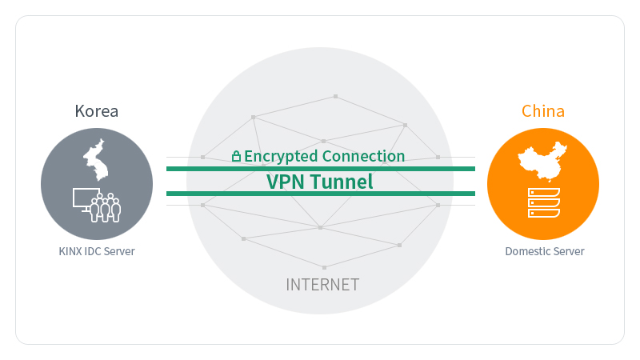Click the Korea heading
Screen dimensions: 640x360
[x=96, y=111]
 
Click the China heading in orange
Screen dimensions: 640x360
[x=543, y=111]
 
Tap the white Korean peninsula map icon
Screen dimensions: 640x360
[x=96, y=160]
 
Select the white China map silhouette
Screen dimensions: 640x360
[x=542, y=162]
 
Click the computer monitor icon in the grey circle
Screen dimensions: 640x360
[x=86, y=199]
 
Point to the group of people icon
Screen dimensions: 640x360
[x=106, y=207]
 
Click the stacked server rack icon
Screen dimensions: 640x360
[x=544, y=203]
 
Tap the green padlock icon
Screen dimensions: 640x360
[x=236, y=156]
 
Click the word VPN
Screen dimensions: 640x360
[x=286, y=182]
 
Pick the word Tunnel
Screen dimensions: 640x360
[x=342, y=182]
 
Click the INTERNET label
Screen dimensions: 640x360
[x=322, y=285]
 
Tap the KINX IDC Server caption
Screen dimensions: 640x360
[x=97, y=251]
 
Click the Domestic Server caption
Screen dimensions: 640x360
[x=545, y=251]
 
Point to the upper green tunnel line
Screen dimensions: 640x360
[x=321, y=169]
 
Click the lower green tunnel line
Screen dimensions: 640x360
[x=321, y=194]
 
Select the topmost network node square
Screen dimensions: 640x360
[x=335, y=96]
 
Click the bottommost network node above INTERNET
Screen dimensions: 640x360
[x=325, y=268]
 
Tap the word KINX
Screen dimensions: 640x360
[x=70, y=251]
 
